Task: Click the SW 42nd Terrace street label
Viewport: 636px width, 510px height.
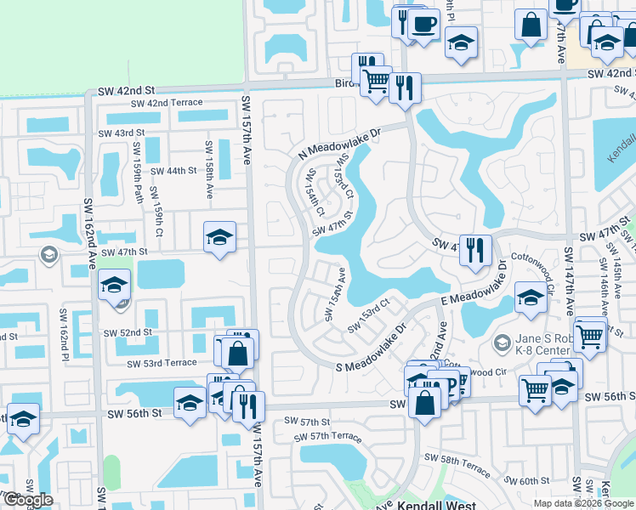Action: click(x=167, y=103)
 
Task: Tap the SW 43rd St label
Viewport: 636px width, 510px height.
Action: click(x=122, y=133)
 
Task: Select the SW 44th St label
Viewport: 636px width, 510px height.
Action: click(x=173, y=171)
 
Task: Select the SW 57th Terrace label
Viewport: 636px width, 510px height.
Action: click(x=327, y=437)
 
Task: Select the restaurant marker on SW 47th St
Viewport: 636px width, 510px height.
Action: click(x=475, y=249)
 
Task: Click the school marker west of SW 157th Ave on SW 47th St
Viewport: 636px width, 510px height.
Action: click(x=219, y=237)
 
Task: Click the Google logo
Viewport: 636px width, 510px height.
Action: click(x=28, y=500)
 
